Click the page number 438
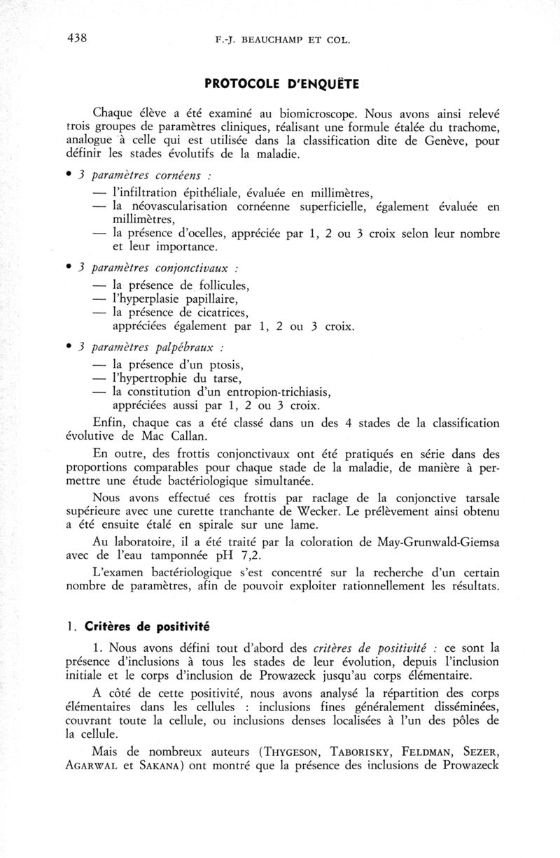coord(77,38)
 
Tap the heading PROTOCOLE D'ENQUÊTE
coord(282,85)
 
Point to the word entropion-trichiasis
coord(286,392)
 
